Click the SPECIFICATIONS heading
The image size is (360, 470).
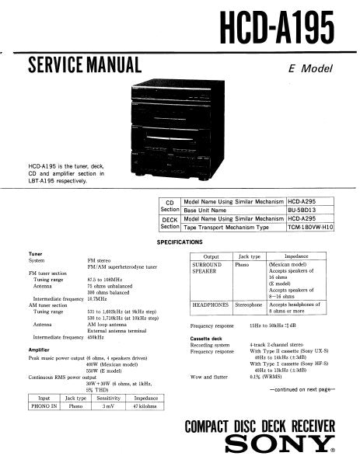[x=180, y=242]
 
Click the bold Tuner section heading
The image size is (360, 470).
[x=36, y=254]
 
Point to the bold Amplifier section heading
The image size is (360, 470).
[x=40, y=350]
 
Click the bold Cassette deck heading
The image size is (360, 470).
[x=208, y=341]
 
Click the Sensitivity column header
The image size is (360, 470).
[x=110, y=398]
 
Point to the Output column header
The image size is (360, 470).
[x=211, y=256]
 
